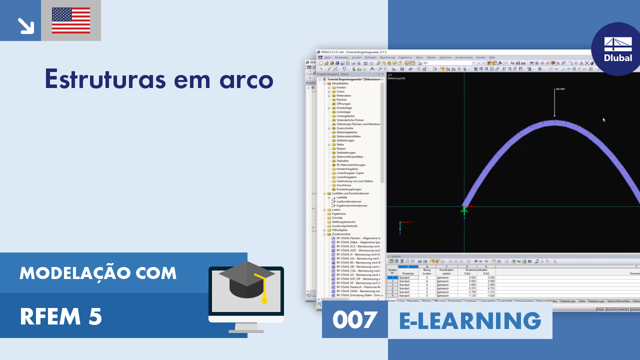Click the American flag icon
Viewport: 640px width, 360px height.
click(71, 20)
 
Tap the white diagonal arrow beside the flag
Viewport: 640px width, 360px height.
click(24, 25)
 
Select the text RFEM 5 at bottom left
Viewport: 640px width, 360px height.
click(61, 316)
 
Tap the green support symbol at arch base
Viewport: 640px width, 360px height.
click(464, 210)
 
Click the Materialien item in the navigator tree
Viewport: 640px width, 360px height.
click(343, 95)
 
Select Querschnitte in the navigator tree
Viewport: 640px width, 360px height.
click(345, 128)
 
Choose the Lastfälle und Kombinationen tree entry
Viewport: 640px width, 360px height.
click(350, 193)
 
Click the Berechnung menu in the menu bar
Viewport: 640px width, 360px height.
click(387, 57)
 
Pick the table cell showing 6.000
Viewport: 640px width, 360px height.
click(470, 281)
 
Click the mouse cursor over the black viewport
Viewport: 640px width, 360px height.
click(603, 120)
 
